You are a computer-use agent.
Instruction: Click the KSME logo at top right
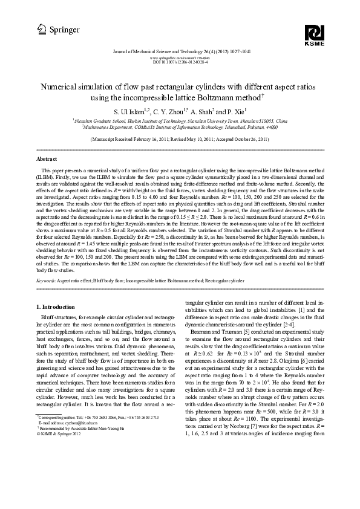(315, 35)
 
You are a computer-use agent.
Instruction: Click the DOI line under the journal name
(180, 62)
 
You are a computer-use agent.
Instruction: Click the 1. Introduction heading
(56, 307)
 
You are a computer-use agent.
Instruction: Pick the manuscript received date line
(180, 138)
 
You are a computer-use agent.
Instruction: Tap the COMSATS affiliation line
(180, 127)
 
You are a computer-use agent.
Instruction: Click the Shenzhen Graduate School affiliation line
(180, 121)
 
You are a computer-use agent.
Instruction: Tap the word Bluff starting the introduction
(47, 317)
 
